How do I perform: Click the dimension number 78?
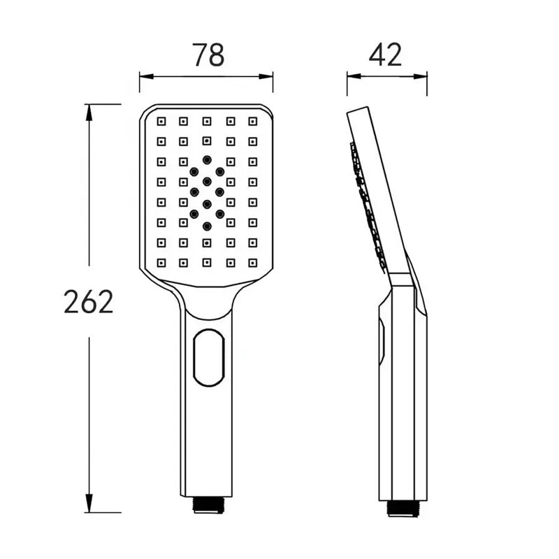(x=208, y=55)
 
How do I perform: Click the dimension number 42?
(x=386, y=55)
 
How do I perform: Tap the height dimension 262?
(x=89, y=302)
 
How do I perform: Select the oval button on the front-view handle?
(x=209, y=358)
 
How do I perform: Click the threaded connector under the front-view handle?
(x=208, y=505)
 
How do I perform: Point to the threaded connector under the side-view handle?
(x=403, y=509)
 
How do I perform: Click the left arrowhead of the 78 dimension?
(x=147, y=76)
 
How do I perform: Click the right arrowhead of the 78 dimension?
(x=266, y=76)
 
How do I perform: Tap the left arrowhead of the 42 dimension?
(x=354, y=76)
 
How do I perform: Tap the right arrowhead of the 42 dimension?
(x=420, y=76)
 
